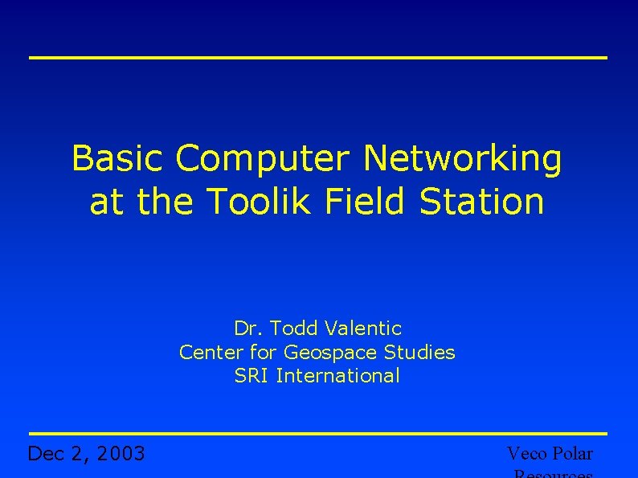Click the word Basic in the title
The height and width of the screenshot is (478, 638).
(119, 158)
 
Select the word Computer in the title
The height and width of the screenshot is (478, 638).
(265, 160)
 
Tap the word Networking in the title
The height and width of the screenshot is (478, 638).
(462, 160)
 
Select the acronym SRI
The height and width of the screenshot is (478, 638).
(252, 376)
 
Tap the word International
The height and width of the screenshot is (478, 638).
(337, 376)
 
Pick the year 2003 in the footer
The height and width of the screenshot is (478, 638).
(120, 455)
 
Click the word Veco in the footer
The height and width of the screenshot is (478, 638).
(527, 454)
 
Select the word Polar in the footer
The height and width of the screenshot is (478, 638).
(573, 454)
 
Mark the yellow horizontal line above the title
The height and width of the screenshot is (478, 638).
(318, 58)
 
